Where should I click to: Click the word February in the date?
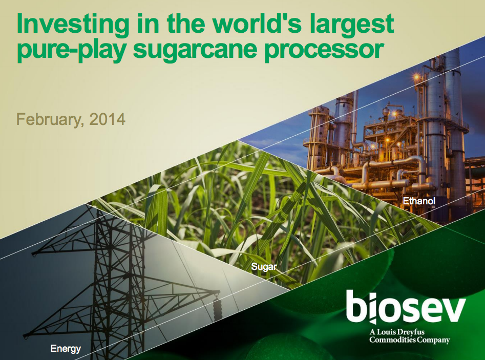coord(50,120)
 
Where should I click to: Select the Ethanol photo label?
coord(419,201)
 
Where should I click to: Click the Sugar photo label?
coord(264,267)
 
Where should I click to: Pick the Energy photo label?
coord(66,349)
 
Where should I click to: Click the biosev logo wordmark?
coord(406,307)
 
